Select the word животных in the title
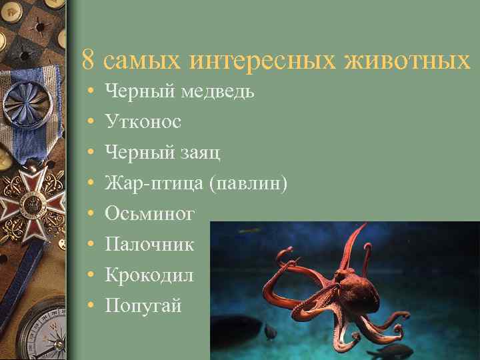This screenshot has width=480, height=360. tap(407, 61)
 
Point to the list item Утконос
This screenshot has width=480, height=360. tap(143, 122)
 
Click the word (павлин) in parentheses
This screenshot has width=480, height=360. tap(248, 183)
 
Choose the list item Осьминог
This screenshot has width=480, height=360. tap(150, 214)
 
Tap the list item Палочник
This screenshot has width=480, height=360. tap(149, 245)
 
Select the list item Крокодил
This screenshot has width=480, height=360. tap(149, 275)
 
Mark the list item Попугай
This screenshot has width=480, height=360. tap(143, 306)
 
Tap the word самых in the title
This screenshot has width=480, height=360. tap(144, 61)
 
